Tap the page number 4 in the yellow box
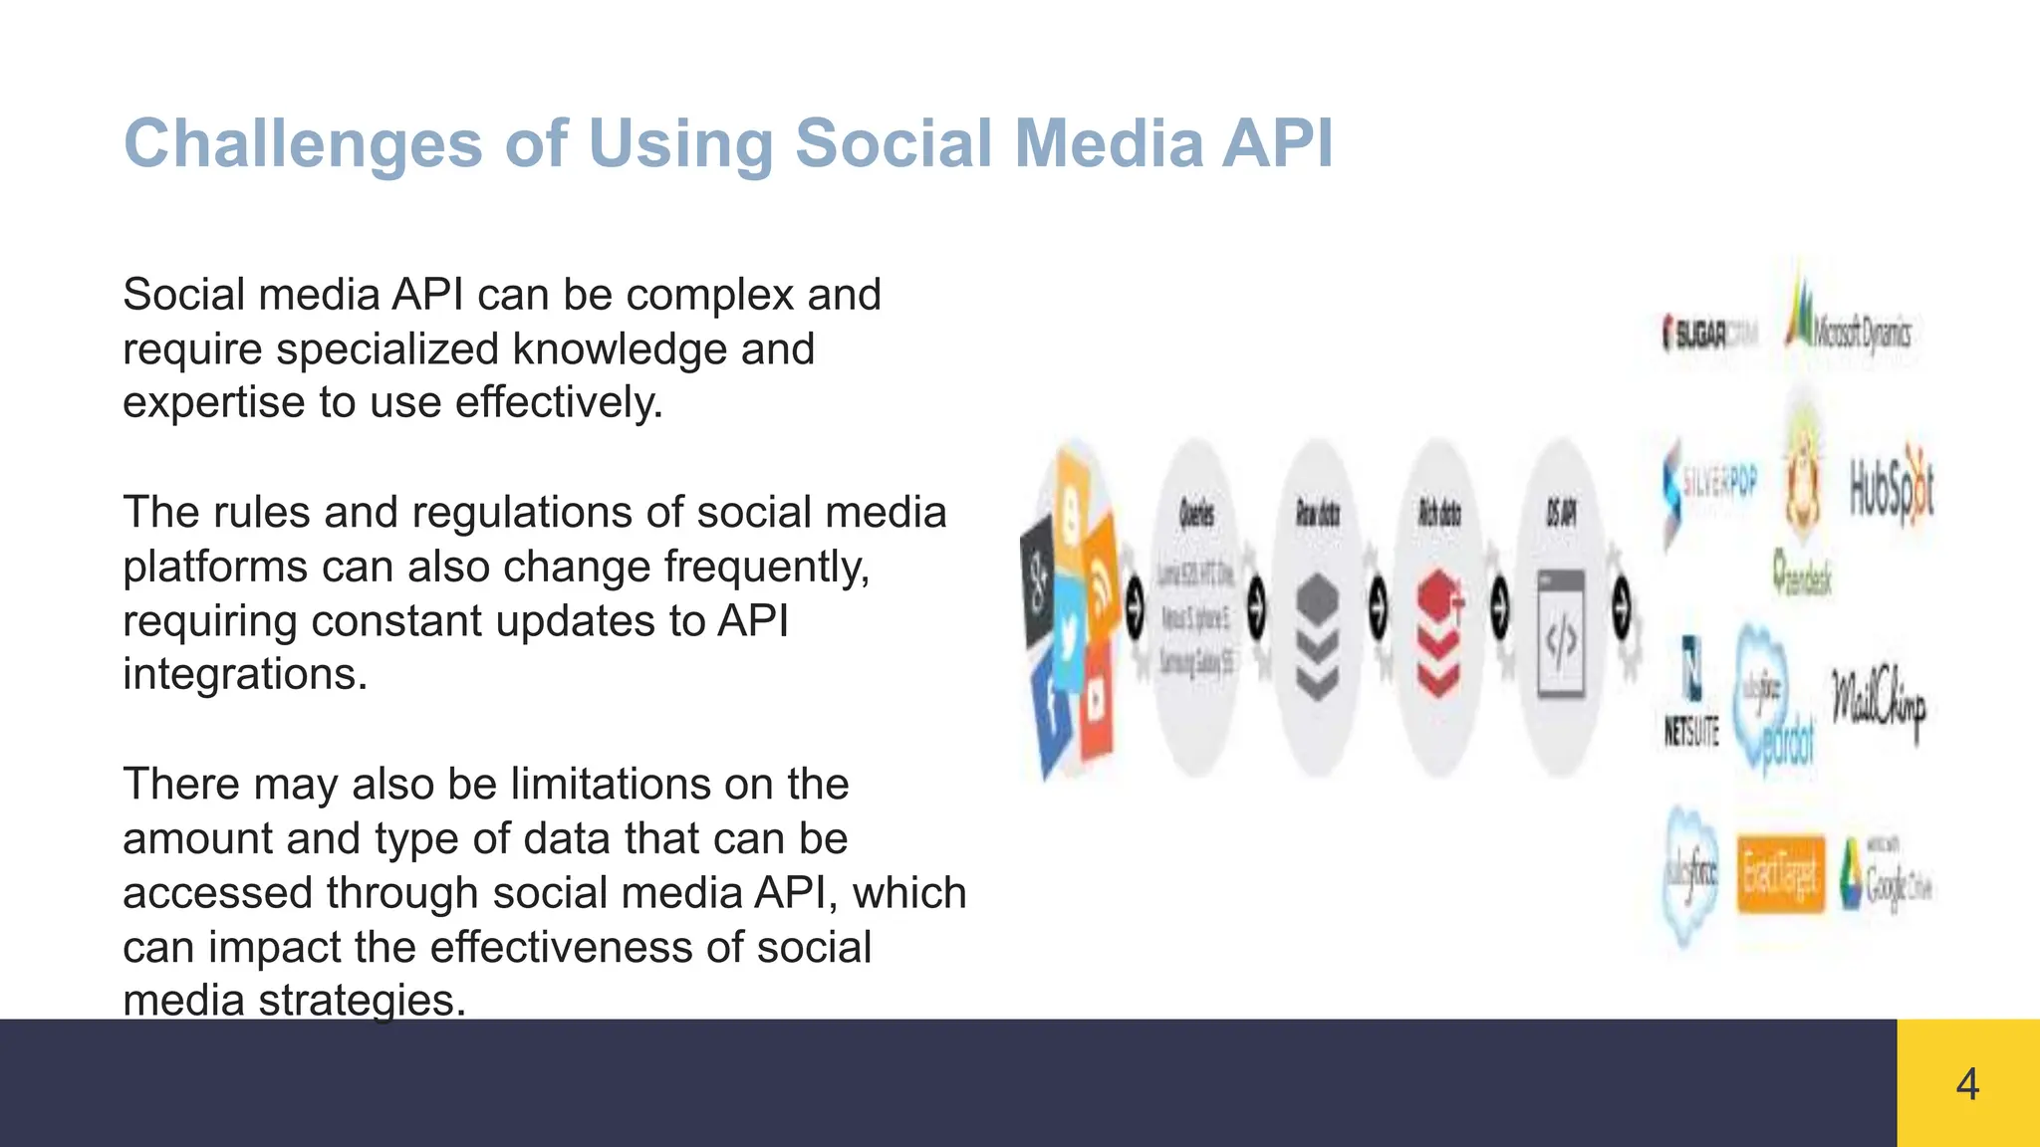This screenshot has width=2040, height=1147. pos(1967,1084)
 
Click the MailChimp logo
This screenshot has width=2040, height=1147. pos(1878,703)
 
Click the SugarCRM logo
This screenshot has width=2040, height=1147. pos(1709,335)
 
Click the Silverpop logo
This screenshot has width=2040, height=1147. pos(1708,489)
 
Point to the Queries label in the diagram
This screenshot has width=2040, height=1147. pos(1196,514)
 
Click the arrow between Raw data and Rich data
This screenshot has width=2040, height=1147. pos(1378,606)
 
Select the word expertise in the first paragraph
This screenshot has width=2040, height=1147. pos(211,403)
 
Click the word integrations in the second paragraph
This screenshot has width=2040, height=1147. pos(245,675)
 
